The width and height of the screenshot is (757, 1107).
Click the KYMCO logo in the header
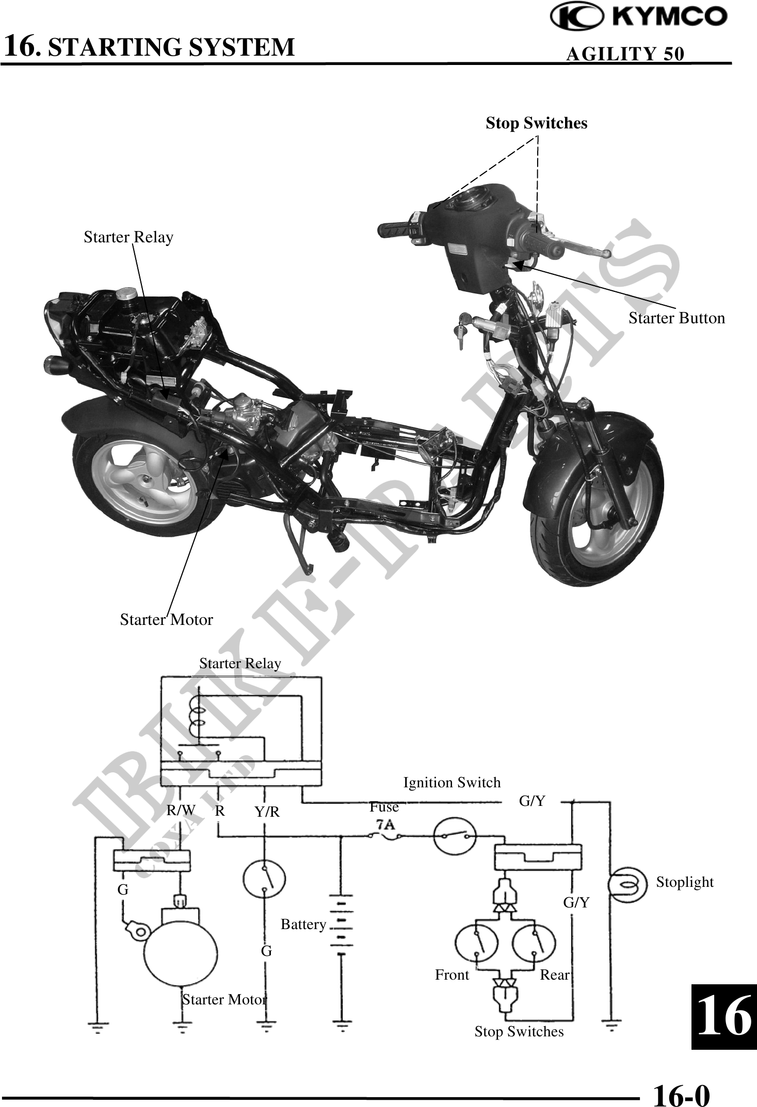pos(639,18)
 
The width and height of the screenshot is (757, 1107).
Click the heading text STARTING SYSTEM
pos(173,47)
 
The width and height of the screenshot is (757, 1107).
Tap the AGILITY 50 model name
pos(625,54)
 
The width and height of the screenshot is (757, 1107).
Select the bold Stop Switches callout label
pos(536,123)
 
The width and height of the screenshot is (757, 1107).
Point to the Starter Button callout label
pos(676,318)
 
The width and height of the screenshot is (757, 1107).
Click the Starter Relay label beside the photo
pos(128,237)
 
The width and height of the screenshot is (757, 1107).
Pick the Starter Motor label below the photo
pos(166,619)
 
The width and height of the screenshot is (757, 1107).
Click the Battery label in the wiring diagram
pos(303,924)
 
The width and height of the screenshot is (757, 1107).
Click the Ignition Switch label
pos(452,783)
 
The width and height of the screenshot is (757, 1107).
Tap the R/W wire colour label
pos(181,811)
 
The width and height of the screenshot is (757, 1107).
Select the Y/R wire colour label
pos(267,812)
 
